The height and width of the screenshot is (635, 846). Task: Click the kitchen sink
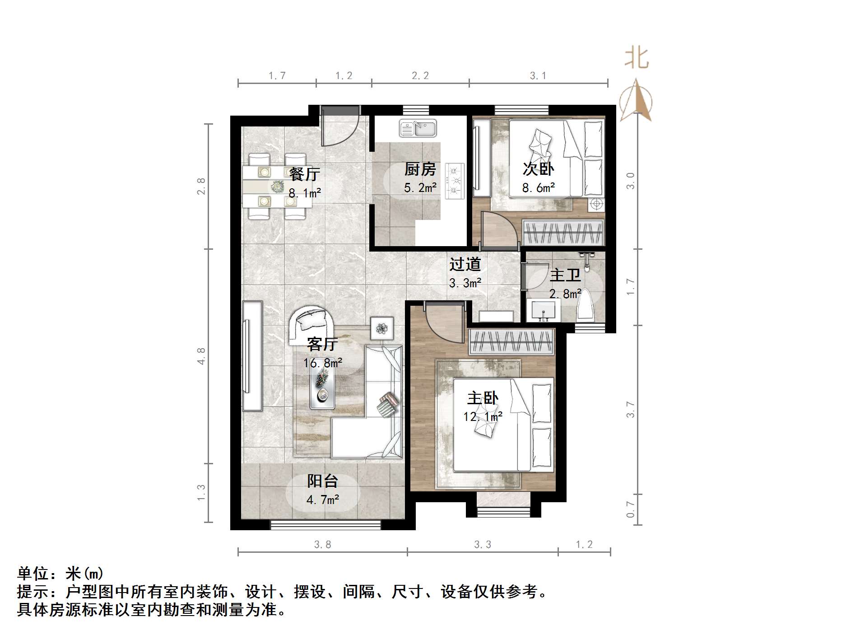pyautogui.click(x=418, y=128)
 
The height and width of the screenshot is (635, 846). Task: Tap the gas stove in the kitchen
pyautogui.click(x=455, y=181)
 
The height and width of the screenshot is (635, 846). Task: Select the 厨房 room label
pyautogui.click(x=420, y=169)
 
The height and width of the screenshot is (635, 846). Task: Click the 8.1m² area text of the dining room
pyautogui.click(x=305, y=193)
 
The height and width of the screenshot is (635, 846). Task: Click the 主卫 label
pyautogui.click(x=565, y=275)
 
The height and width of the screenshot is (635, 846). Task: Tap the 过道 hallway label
pyautogui.click(x=465, y=264)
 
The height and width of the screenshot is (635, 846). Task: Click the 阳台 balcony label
pyautogui.click(x=322, y=481)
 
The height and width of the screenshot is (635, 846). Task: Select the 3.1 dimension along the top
pyautogui.click(x=538, y=76)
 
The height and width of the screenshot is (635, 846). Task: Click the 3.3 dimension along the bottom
pyautogui.click(x=482, y=545)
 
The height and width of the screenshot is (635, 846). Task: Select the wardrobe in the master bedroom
pyautogui.click(x=511, y=342)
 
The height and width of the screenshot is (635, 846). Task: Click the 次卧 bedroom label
pyautogui.click(x=538, y=169)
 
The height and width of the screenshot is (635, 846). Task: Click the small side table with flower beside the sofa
pyautogui.click(x=382, y=328)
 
